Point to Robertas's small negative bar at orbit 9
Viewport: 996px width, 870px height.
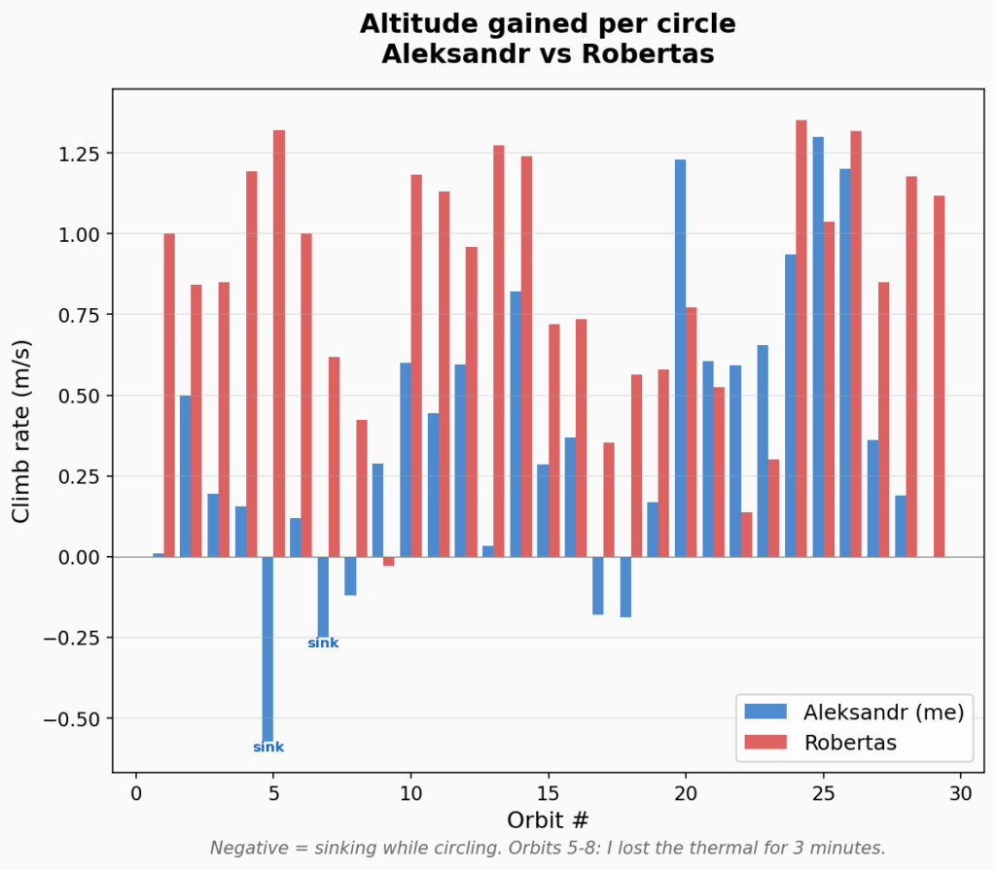[x=389, y=561]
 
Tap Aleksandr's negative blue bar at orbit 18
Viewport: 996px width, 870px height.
[x=625, y=587]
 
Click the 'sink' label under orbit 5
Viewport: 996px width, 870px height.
[x=268, y=748]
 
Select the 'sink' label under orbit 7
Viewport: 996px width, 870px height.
[x=323, y=644]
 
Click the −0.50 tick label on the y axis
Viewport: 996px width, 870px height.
[x=75, y=718]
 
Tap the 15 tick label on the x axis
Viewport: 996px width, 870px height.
[x=549, y=793]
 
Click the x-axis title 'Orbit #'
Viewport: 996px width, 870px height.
[x=548, y=819]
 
